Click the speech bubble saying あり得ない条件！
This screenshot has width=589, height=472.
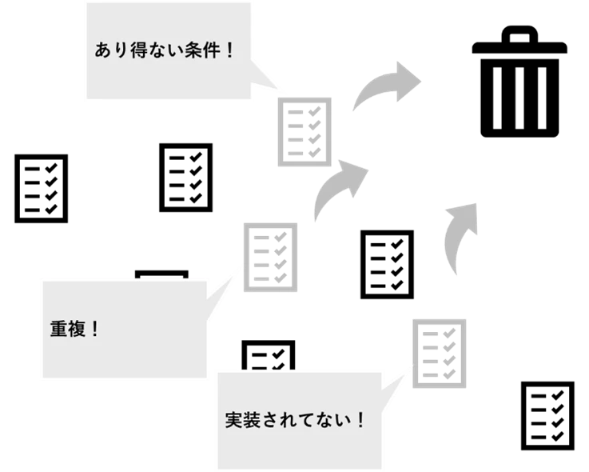click(x=168, y=51)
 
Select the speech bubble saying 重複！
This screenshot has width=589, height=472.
click(x=120, y=330)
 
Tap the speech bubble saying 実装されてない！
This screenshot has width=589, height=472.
click(x=300, y=419)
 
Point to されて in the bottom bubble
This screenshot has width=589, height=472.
click(x=286, y=419)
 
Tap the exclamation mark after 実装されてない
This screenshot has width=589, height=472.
click(x=360, y=419)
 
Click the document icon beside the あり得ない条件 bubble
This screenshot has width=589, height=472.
click(x=304, y=133)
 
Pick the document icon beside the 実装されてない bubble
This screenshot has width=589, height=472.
click(x=437, y=350)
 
